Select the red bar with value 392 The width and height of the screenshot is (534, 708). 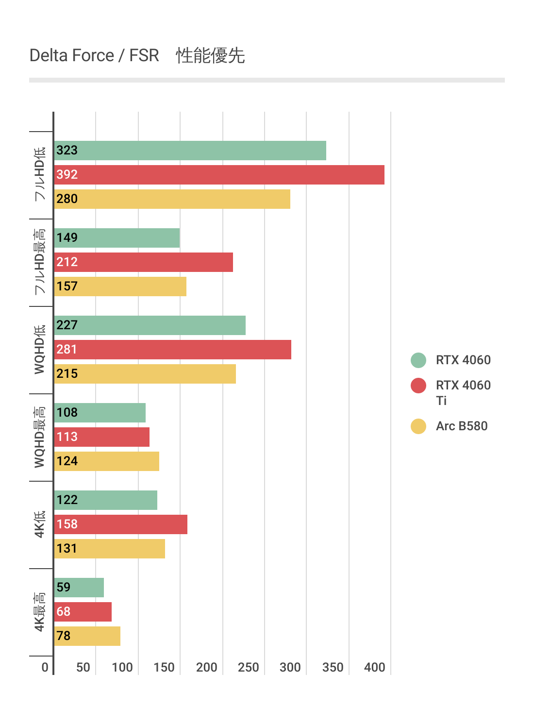point(219,175)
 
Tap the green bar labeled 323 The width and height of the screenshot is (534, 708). point(190,151)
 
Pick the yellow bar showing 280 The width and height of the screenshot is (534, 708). point(172,199)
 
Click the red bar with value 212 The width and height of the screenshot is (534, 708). point(143,262)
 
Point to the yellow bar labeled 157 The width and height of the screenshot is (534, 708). point(120,287)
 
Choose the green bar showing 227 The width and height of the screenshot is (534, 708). point(150,325)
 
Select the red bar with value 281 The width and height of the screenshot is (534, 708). point(172,350)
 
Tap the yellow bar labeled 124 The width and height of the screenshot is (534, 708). point(106,461)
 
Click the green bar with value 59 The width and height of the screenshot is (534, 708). point(79,588)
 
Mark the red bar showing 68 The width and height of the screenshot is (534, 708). point(83,612)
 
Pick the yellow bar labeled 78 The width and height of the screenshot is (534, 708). point(87,636)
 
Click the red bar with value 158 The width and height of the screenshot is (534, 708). point(120,524)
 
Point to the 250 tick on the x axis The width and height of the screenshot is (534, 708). point(249,667)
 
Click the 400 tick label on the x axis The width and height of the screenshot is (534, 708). point(375,667)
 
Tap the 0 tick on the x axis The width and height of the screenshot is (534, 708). point(45,667)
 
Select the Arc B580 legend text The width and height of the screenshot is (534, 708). point(462,426)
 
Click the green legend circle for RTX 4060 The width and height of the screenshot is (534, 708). point(418,360)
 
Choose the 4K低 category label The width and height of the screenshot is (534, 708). point(40,524)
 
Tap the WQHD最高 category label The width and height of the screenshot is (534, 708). point(40,437)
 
